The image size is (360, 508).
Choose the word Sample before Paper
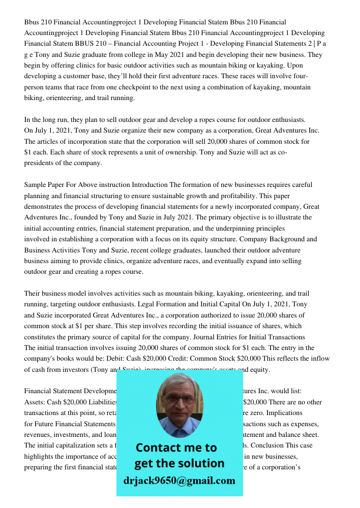(36, 185)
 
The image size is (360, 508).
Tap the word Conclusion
(281, 446)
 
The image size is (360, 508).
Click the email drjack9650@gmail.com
(179, 481)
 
